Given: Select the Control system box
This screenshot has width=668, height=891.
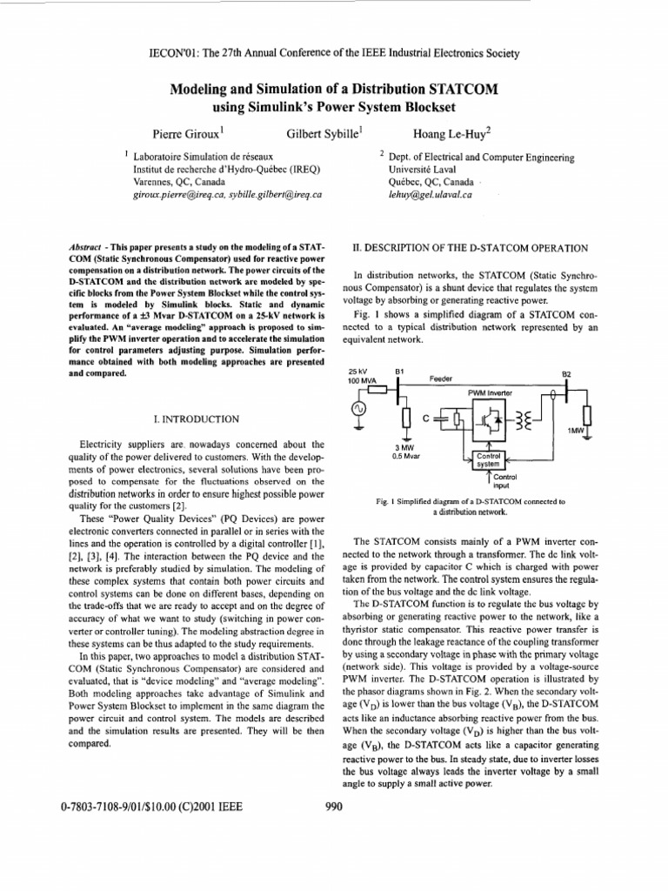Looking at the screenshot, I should coord(487,460).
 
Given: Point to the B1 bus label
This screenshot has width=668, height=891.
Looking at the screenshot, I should coord(400,372).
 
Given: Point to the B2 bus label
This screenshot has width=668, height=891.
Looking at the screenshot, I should coord(567,375).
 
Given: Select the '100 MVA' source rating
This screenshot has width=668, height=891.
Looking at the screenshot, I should coord(360,381).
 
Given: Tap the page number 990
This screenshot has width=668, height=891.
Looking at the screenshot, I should coord(334,807).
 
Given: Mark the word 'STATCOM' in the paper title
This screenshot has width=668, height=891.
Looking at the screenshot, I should coord(443,90).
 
